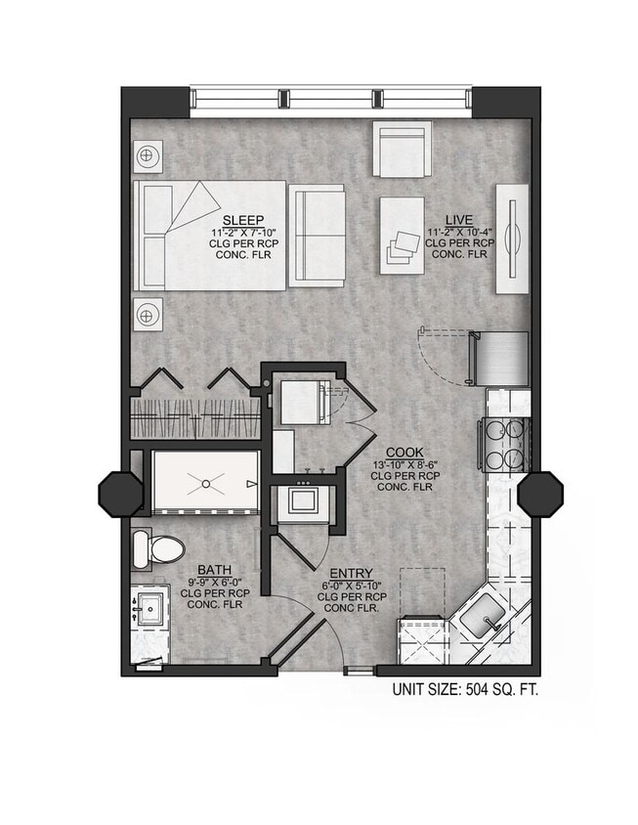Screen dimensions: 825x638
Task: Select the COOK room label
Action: [404, 452]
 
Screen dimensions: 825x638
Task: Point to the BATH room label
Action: [214, 569]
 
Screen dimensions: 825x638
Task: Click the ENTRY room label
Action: [349, 573]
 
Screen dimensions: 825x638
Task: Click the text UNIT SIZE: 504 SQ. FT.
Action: [465, 689]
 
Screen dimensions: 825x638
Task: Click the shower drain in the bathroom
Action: [206, 482]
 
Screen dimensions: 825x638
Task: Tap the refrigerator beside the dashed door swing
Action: [500, 359]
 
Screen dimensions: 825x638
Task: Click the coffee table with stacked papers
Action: [401, 236]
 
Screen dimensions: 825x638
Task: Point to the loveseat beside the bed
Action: [318, 235]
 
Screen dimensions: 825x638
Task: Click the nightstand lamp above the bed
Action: [148, 155]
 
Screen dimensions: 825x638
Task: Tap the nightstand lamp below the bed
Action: [148, 315]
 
